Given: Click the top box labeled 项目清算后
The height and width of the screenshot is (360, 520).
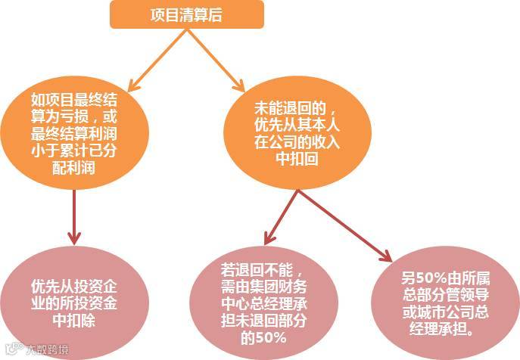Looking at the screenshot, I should [x=186, y=14].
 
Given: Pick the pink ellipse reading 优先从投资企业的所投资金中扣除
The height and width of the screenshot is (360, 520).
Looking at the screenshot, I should [x=73, y=303].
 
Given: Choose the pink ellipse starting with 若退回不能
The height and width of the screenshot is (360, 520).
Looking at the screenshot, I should [x=263, y=303].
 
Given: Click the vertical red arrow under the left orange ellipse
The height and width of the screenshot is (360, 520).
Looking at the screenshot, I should [x=74, y=216].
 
